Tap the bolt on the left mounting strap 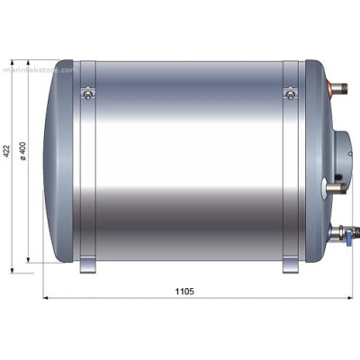click(x=87, y=91)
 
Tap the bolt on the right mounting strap click(x=289, y=92)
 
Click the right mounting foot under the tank click(x=290, y=266)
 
